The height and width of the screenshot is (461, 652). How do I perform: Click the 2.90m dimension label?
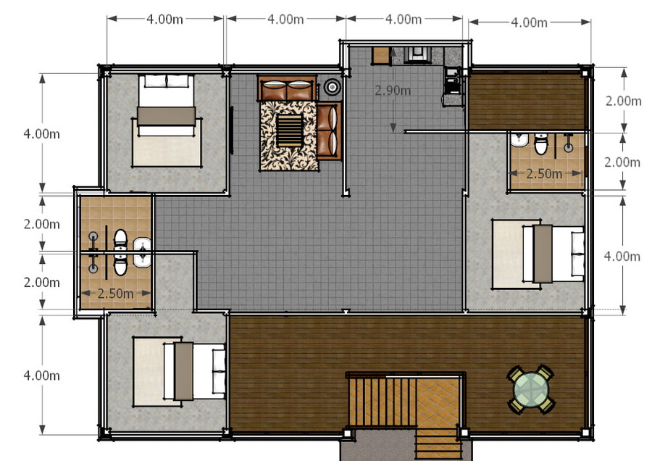coord(393,91)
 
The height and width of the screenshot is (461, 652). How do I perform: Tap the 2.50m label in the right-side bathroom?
coord(544,173)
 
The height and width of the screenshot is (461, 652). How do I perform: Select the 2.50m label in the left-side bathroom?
coord(115,294)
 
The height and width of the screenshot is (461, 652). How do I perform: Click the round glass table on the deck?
coord(531,390)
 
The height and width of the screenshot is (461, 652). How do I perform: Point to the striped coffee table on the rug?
coord(289,130)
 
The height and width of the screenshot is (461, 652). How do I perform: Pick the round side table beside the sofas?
coord(333,87)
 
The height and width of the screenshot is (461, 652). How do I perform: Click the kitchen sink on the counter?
coord(417,54)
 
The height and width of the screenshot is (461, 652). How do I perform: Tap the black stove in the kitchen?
coord(451,80)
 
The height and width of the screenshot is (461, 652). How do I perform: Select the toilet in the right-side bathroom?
coord(541,144)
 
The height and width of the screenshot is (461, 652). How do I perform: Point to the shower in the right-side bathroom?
coord(568,142)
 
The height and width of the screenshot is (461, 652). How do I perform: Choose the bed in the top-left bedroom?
coord(167,120)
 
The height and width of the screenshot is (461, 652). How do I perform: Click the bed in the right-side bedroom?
coord(538,254)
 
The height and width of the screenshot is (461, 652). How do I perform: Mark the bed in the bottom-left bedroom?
coord(179,371)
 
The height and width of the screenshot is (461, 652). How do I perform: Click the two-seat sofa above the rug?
coord(287,88)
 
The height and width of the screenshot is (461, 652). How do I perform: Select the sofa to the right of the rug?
coord(329,131)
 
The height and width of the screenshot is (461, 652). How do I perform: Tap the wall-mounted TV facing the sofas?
coord(232,130)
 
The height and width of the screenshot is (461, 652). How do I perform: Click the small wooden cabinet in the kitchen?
coord(380,56)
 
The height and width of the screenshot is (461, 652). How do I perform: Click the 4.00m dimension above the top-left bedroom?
coord(164,19)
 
